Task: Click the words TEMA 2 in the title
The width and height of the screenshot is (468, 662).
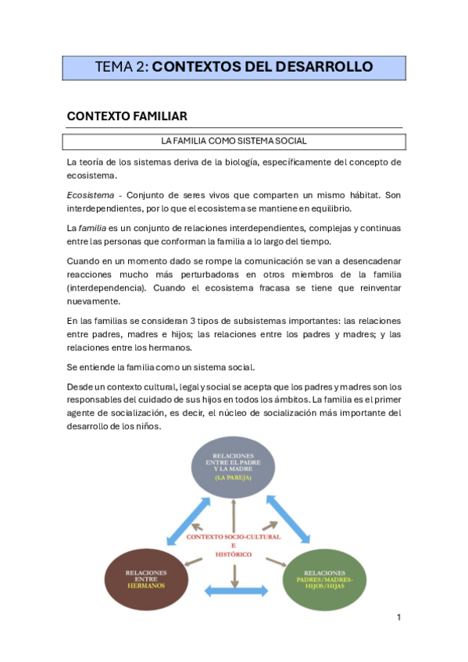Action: coord(120,67)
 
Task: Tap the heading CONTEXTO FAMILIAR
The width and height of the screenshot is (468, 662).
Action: coord(127,116)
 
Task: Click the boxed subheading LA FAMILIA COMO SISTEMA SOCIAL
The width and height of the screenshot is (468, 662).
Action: coord(234,141)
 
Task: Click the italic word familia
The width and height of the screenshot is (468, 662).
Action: coord(94,227)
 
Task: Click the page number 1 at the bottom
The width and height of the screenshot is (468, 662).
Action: coord(398,618)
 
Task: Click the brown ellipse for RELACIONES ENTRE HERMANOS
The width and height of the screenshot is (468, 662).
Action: coord(145,579)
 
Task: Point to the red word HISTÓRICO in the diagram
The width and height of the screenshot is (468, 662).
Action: coord(234,553)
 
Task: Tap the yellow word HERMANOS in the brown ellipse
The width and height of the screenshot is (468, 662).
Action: coord(145,585)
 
